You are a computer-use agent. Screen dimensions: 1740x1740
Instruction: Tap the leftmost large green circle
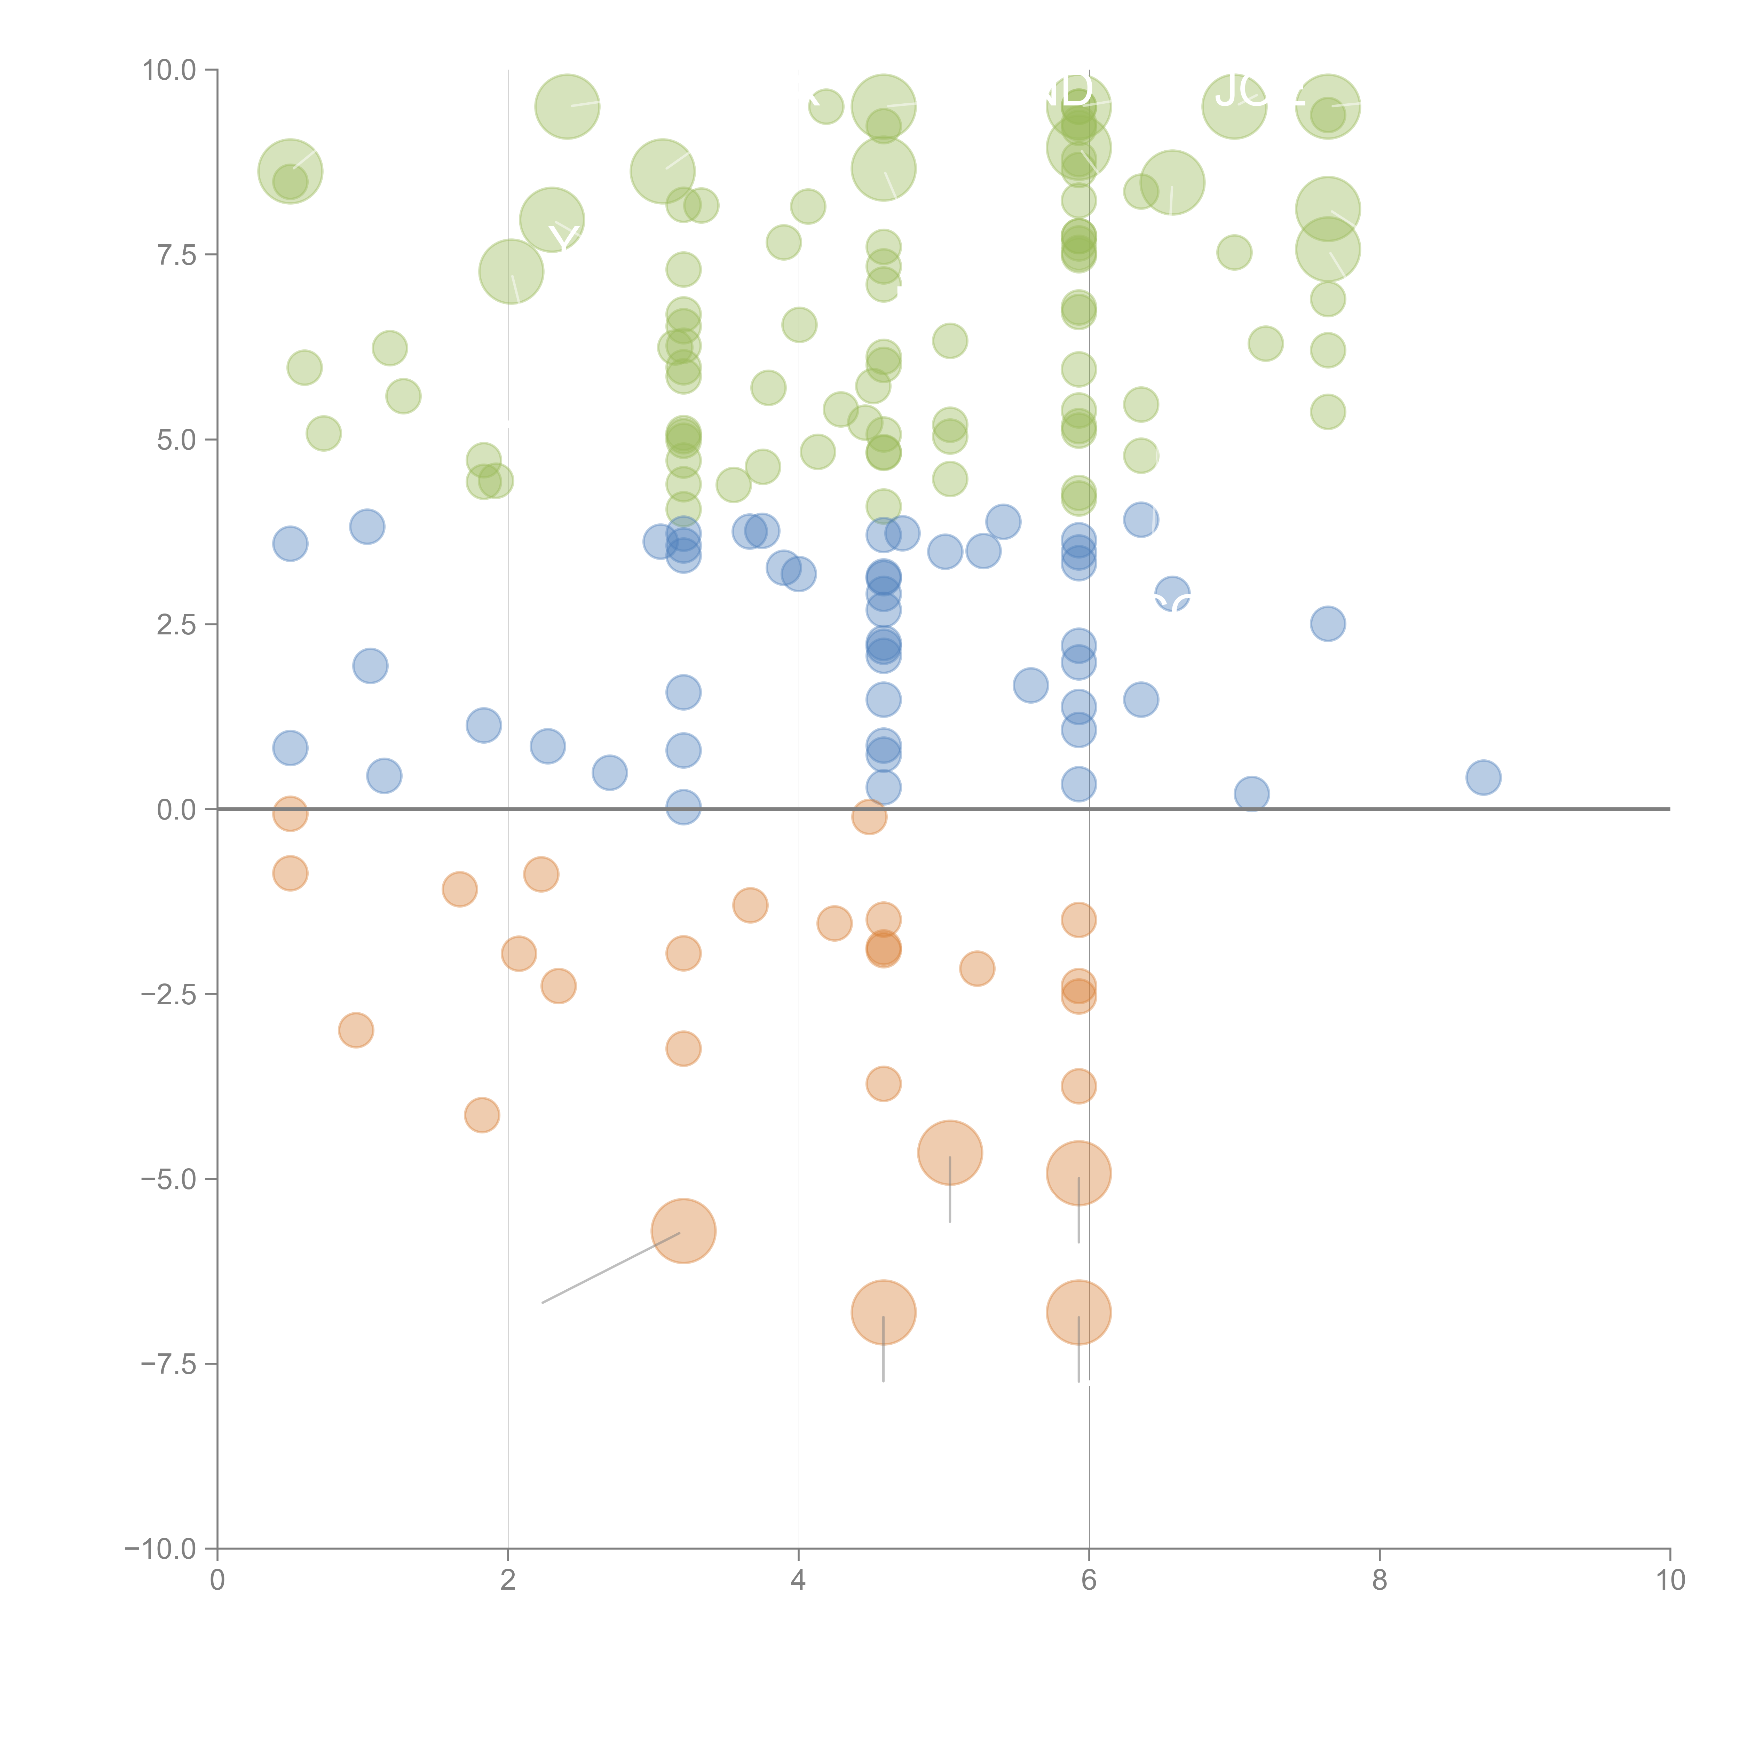coord(290,171)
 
